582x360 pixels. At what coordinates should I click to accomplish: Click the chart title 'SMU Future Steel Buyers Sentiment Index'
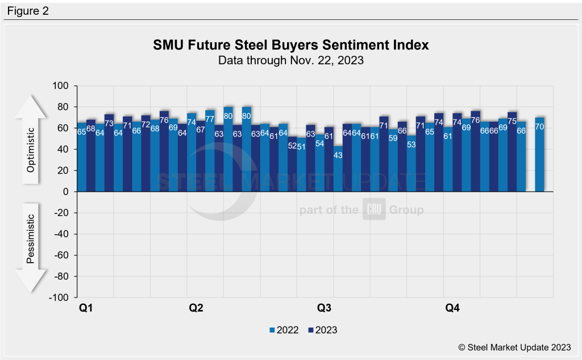291,45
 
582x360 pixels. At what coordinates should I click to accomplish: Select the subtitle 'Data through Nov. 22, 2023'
291,60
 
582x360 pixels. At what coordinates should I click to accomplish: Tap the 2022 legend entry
284,330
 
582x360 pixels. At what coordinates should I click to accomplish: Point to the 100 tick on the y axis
61,86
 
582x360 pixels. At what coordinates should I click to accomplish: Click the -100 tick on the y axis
59,297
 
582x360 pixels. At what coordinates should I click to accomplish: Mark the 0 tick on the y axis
65,192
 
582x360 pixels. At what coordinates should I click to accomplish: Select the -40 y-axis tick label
60,234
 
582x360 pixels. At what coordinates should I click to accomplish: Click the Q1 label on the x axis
86,308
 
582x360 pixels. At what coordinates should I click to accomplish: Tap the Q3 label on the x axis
324,308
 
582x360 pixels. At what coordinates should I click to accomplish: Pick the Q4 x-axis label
452,308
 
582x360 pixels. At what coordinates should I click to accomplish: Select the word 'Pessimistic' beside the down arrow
31,238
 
